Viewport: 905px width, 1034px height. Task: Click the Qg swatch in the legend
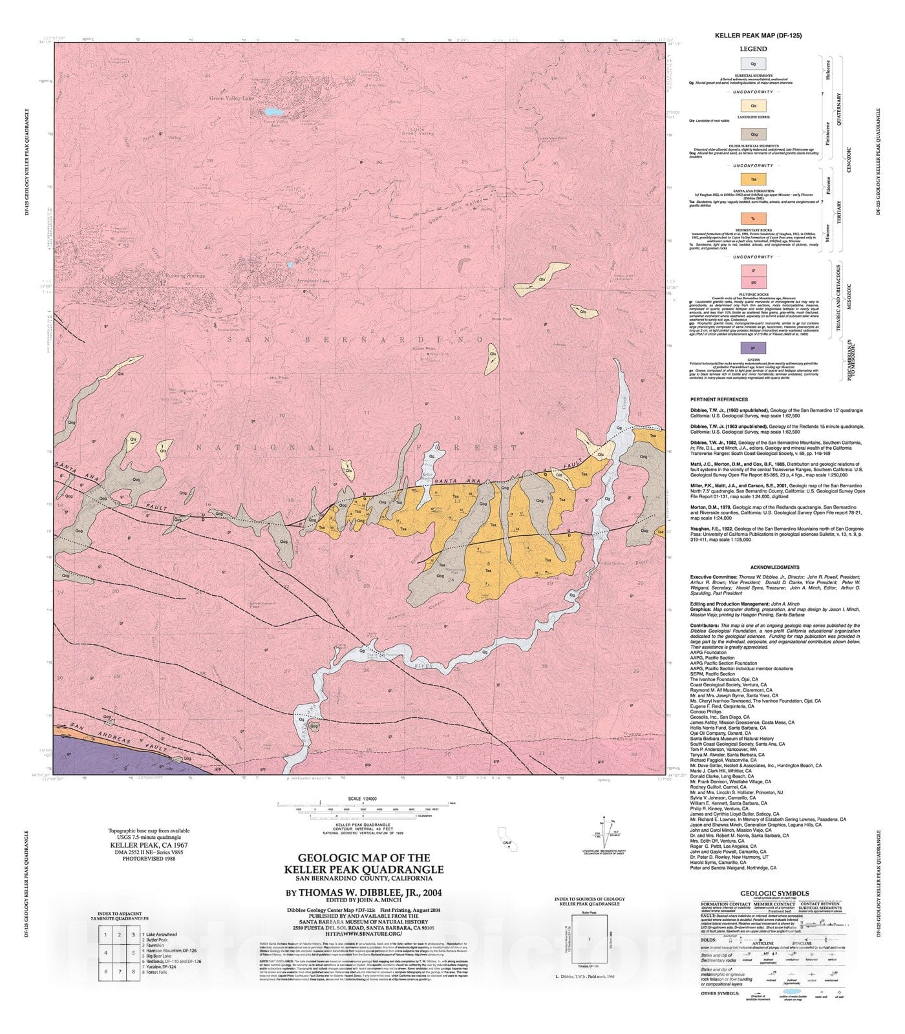click(x=753, y=64)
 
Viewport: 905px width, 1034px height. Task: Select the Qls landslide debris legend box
click(x=753, y=104)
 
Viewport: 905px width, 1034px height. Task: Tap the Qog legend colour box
click(x=753, y=134)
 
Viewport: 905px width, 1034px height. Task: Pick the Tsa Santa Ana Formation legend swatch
click(x=753, y=178)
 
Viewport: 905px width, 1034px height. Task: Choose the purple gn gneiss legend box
click(x=753, y=348)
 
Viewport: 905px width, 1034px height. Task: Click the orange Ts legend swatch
click(x=753, y=218)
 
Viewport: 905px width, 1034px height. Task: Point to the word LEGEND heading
click(x=753, y=48)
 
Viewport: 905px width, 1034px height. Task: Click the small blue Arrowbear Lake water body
click(x=290, y=264)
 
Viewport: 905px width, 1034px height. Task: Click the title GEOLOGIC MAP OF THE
click(x=363, y=858)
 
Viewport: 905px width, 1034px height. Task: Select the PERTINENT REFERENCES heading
click(x=719, y=399)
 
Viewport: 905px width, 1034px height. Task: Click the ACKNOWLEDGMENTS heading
click(x=753, y=567)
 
